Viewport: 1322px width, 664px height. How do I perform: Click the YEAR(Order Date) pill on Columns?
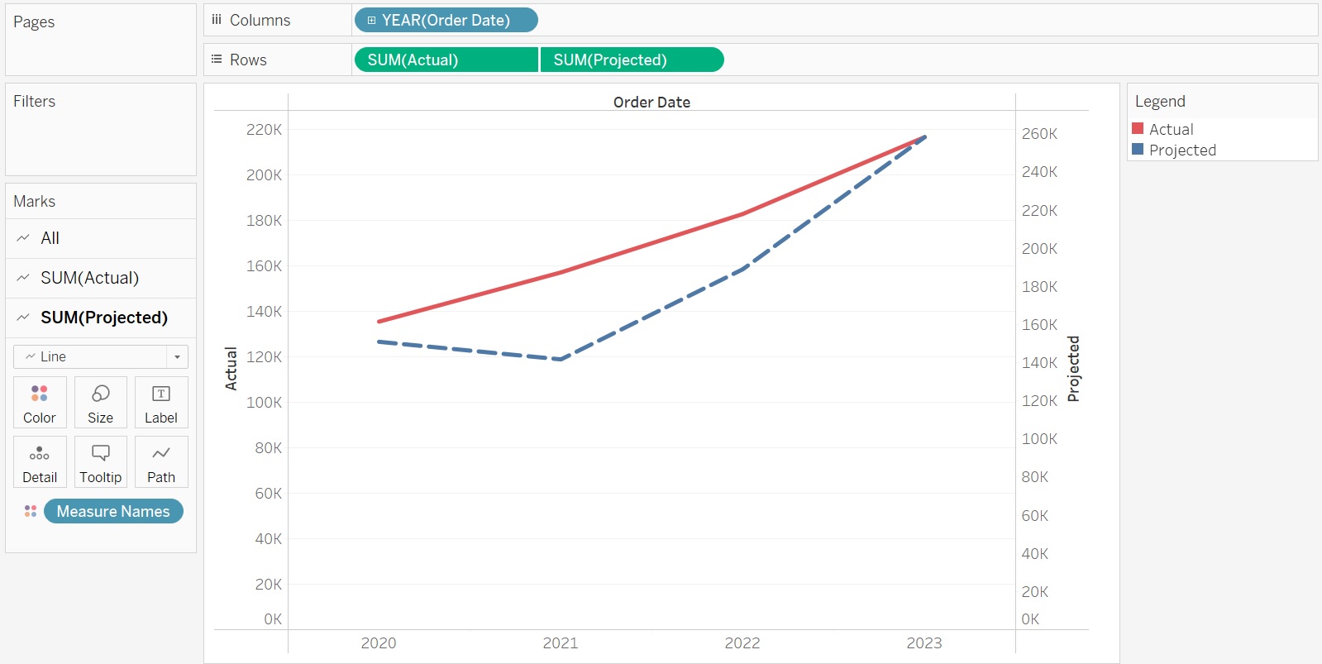(446, 20)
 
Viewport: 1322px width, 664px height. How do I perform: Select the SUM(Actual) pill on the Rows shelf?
(446, 60)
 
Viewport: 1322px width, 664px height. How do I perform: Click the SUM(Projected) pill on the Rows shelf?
(632, 60)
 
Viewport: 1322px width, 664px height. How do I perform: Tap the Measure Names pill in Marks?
(113, 511)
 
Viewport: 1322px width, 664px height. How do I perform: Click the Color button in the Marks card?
(40, 403)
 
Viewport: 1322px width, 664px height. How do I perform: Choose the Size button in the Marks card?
(100, 403)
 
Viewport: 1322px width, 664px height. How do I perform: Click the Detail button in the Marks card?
(40, 462)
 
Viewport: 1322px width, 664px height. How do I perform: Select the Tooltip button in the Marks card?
(100, 462)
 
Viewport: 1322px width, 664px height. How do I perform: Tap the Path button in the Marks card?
(161, 462)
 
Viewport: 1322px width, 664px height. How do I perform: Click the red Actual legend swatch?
(1138, 128)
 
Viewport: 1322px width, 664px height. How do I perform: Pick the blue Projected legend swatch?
(1138, 150)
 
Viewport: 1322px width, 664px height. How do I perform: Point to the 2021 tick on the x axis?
(561, 643)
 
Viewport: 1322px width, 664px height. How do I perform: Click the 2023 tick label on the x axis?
(924, 643)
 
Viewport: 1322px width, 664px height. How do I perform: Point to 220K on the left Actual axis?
(264, 129)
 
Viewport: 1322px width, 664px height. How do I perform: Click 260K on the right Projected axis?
(1039, 133)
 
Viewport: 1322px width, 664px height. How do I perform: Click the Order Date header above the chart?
(651, 102)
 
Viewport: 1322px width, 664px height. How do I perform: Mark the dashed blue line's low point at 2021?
(561, 359)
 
